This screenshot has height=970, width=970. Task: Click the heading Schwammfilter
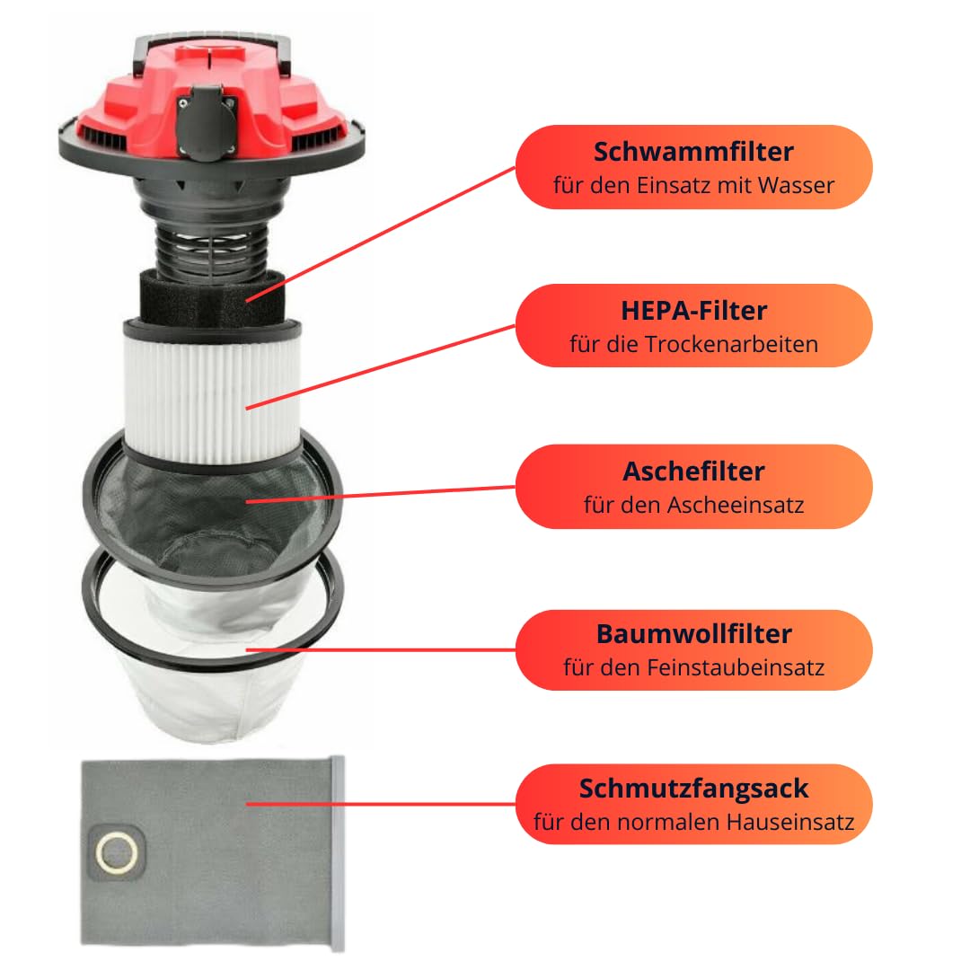pyautogui.click(x=693, y=152)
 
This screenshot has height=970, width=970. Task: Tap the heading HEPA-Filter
pyautogui.click(x=693, y=311)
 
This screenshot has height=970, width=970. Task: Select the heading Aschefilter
pyautogui.click(x=693, y=472)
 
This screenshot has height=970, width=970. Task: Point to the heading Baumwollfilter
pyautogui.click(x=693, y=634)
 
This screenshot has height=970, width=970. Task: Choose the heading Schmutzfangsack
pyautogui.click(x=693, y=789)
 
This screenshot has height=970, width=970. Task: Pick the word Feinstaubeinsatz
pyautogui.click(x=736, y=668)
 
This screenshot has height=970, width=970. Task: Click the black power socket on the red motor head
pyautogui.click(x=207, y=123)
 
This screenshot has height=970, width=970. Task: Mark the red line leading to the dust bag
pyautogui.click(x=381, y=804)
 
